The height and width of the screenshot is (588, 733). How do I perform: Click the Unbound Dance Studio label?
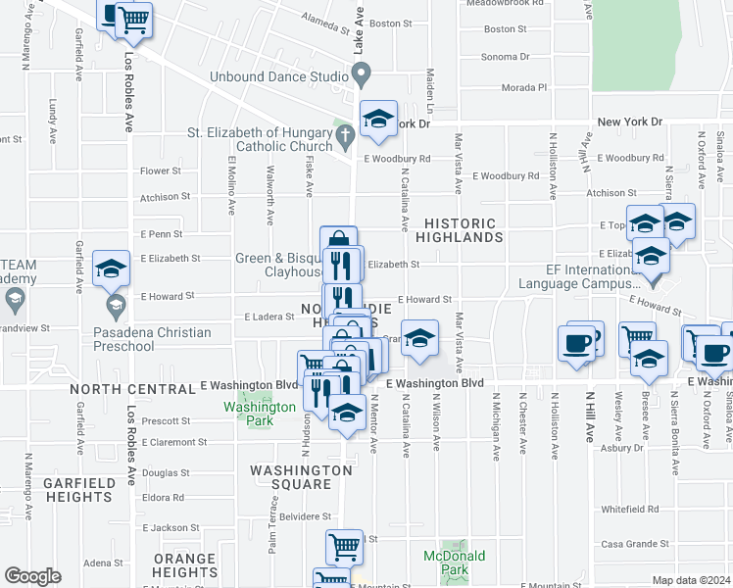(x=277, y=76)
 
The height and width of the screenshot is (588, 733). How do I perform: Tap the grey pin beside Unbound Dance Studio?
(x=361, y=73)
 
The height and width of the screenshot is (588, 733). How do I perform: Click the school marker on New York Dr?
(x=378, y=120)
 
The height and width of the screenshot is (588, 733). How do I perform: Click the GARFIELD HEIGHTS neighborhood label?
(x=77, y=490)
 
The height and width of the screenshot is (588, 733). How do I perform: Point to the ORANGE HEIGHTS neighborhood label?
(x=184, y=565)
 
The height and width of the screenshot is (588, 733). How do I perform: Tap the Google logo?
(x=32, y=576)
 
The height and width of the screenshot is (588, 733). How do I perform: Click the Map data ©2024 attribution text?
(x=691, y=580)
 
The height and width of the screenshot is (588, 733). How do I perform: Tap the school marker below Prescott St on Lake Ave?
(x=346, y=413)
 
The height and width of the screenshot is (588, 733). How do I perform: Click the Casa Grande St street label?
(x=634, y=544)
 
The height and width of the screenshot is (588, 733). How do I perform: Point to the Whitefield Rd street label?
(x=630, y=510)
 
